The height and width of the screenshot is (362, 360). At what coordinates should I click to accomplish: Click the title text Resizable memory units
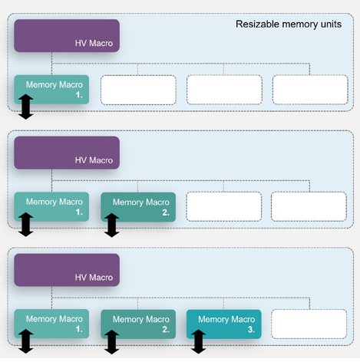tap(289, 25)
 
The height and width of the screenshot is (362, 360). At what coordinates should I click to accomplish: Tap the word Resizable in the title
tap(257, 24)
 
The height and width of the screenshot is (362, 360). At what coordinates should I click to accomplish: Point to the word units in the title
tap(330, 25)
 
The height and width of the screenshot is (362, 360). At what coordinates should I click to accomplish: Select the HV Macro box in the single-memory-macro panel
tap(67, 36)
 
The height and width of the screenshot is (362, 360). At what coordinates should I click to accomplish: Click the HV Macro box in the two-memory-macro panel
tap(67, 153)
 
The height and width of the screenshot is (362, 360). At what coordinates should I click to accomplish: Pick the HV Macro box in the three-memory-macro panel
tap(67, 270)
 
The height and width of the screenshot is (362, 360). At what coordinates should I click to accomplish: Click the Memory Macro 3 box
tap(224, 324)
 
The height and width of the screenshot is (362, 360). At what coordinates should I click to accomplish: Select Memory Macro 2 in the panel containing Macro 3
tap(138, 324)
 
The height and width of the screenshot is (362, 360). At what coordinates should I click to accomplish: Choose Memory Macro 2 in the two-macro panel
tap(138, 207)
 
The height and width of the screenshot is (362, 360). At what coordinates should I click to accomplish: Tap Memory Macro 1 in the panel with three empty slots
tap(51, 90)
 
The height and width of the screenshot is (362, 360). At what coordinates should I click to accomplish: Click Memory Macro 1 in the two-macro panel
tap(51, 206)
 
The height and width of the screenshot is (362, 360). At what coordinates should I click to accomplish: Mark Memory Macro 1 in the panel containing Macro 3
tap(51, 324)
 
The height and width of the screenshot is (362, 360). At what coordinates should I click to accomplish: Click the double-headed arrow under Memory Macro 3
tap(199, 341)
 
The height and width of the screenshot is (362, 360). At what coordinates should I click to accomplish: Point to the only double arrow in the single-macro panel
tap(26, 107)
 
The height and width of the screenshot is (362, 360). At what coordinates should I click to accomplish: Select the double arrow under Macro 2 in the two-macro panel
tap(112, 225)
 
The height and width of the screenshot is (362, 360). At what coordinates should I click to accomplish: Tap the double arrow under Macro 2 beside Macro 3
tap(112, 342)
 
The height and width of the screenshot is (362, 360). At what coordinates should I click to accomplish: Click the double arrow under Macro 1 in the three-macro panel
tap(26, 341)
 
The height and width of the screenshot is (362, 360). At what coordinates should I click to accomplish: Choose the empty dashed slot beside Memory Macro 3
tap(309, 324)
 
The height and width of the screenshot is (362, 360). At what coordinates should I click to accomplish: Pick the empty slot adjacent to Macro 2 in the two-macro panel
tap(224, 206)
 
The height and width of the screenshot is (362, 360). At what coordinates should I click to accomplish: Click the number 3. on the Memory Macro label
tap(252, 330)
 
